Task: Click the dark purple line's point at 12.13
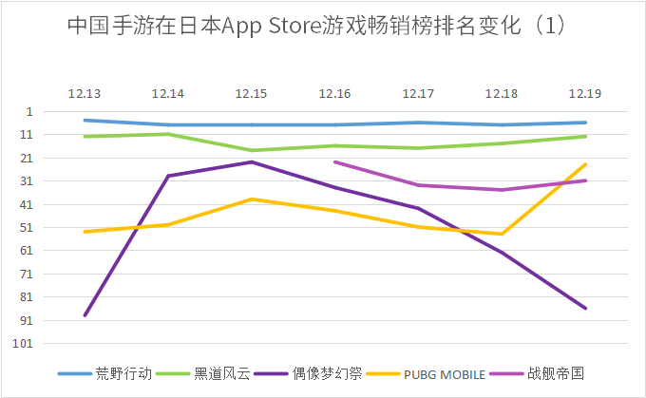pos(85,315)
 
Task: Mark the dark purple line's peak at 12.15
pos(252,161)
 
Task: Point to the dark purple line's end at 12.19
pos(586,309)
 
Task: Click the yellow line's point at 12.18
pos(503,234)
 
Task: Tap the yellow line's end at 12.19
pos(586,164)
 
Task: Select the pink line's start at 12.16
pos(335,161)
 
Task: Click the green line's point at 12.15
pos(252,150)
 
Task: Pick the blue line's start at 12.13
pos(85,120)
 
